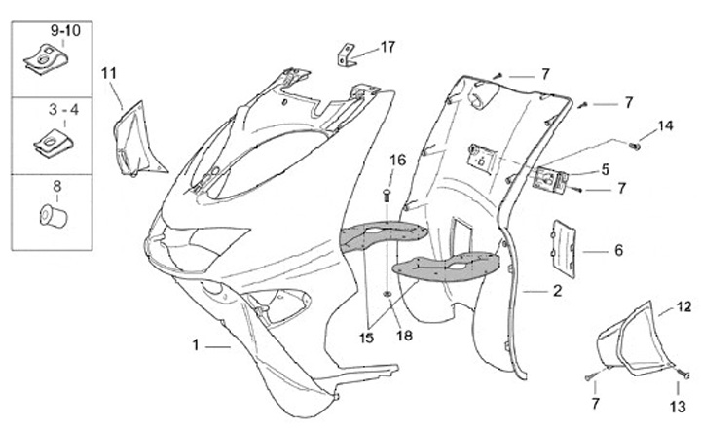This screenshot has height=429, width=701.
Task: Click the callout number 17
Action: [388, 46]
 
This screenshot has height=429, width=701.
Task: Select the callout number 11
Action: [108, 71]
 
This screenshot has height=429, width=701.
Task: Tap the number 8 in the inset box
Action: [56, 184]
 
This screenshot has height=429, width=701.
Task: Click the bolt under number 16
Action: [387, 197]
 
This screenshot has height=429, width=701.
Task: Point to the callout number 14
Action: [665, 125]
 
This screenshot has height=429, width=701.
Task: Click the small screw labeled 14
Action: [635, 146]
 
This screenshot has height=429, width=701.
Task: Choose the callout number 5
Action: [605, 168]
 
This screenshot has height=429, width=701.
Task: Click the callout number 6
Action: [618, 250]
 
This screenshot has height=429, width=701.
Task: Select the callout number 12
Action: [684, 307]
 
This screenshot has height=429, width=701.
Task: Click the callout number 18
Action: [404, 335]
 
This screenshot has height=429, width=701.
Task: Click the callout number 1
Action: [196, 345]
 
